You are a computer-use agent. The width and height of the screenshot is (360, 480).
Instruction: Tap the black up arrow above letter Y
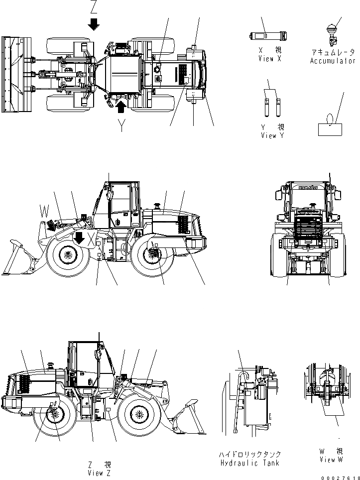tap(121, 106)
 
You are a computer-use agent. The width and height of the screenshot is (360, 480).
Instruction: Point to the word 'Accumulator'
tap(333, 61)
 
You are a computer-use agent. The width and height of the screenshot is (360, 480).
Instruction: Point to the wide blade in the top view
tap(11, 72)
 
